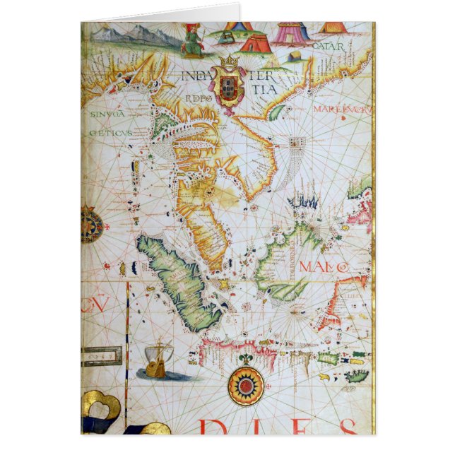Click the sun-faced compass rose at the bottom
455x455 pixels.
(246, 386)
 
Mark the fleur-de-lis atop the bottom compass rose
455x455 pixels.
(246, 360)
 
